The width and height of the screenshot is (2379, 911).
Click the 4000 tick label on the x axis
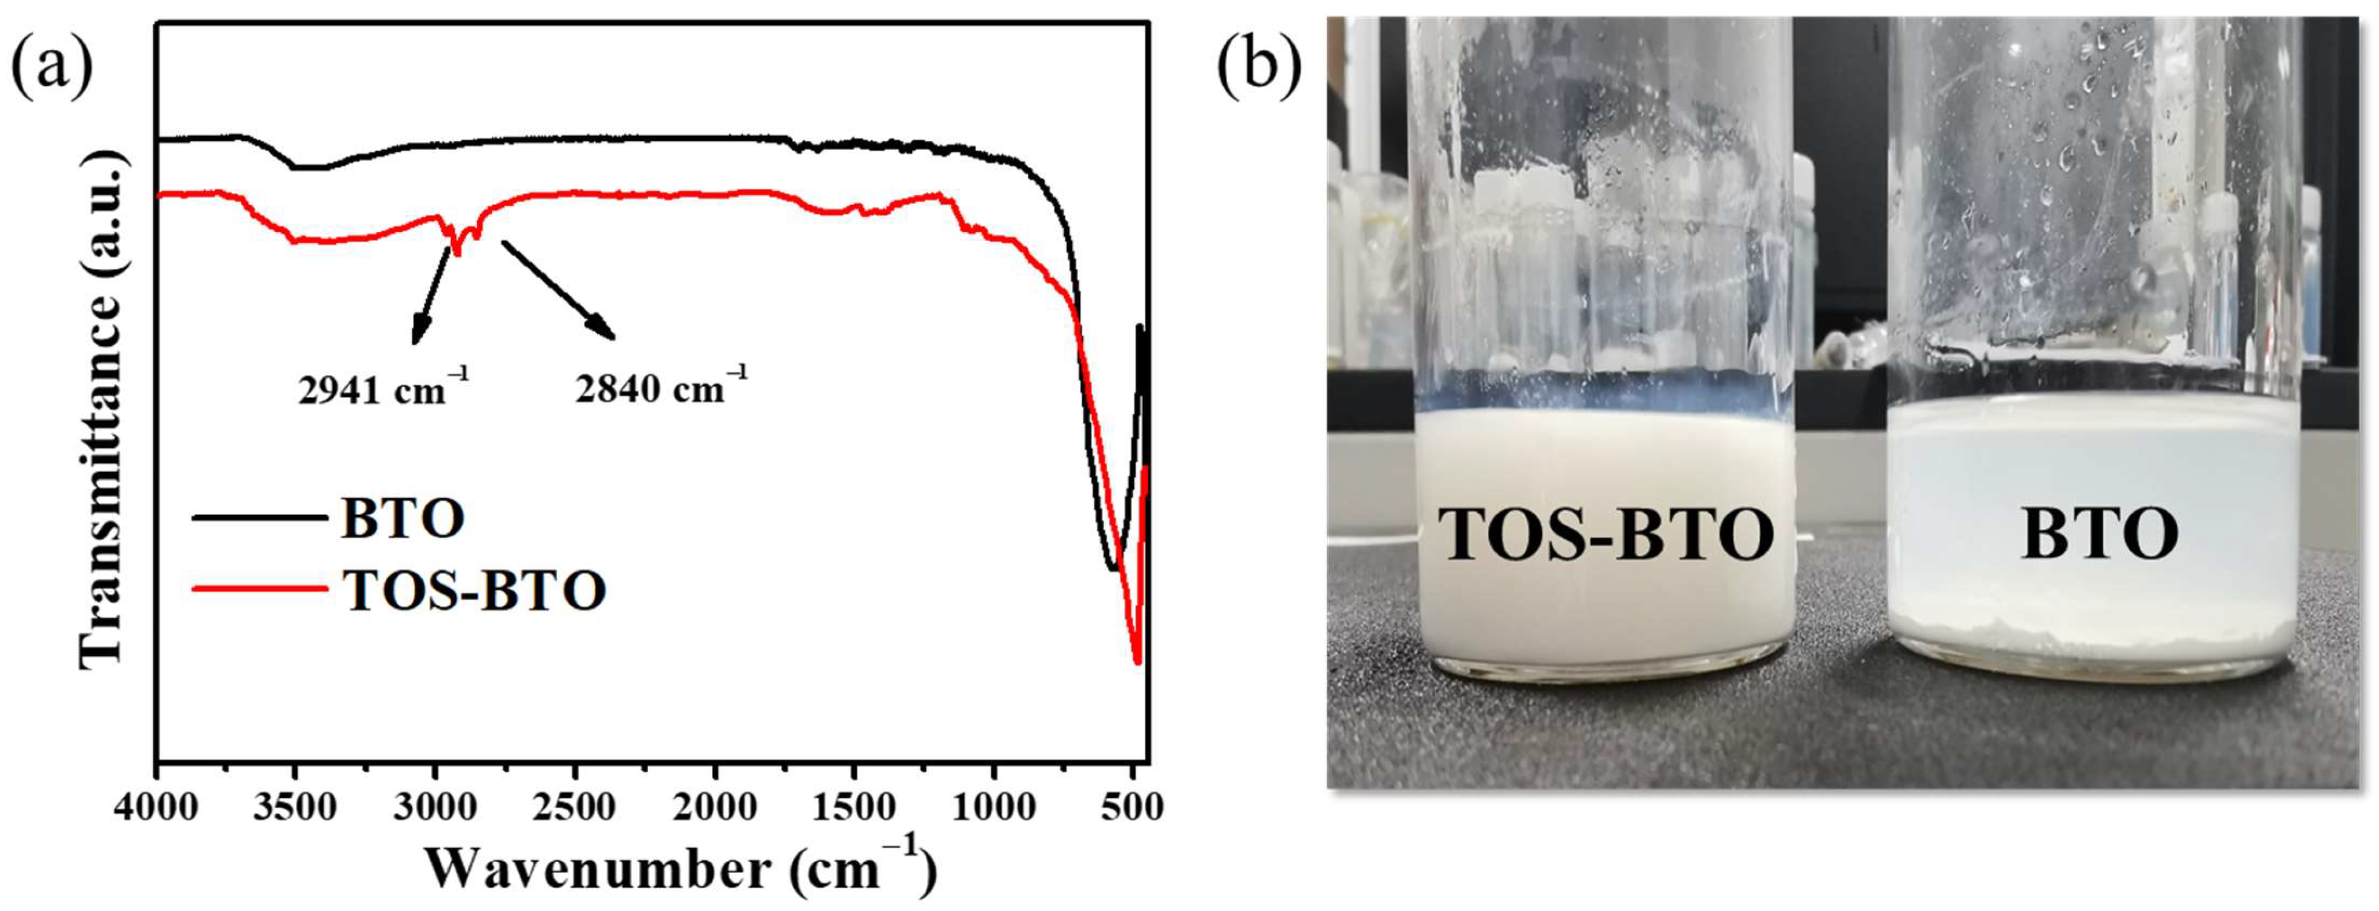coord(157,807)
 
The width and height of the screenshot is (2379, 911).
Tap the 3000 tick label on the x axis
coord(434,807)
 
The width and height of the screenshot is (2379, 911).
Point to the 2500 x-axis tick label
coord(574,807)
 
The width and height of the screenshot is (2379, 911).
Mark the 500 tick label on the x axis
coord(1131,807)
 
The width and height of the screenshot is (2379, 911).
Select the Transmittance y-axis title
coord(101,416)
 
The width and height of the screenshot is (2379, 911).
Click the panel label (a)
coord(52,66)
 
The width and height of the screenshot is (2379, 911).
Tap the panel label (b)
coord(1258,66)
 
